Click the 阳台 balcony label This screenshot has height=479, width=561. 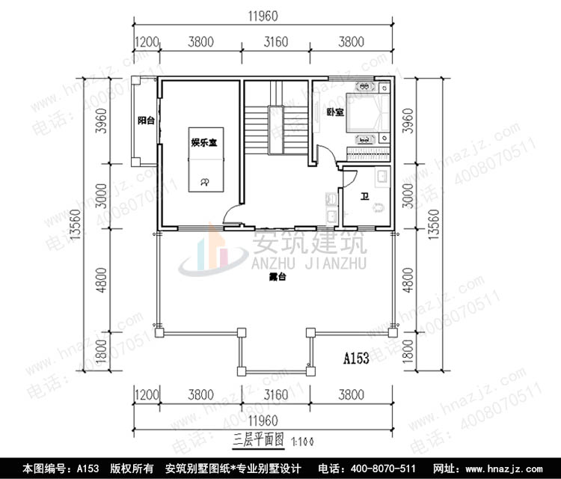(145, 120)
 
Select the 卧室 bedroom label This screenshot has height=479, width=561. (335, 113)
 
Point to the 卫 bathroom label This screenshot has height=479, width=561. (364, 197)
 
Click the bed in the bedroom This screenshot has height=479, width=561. (366, 116)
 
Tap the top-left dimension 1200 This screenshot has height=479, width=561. (147, 41)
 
